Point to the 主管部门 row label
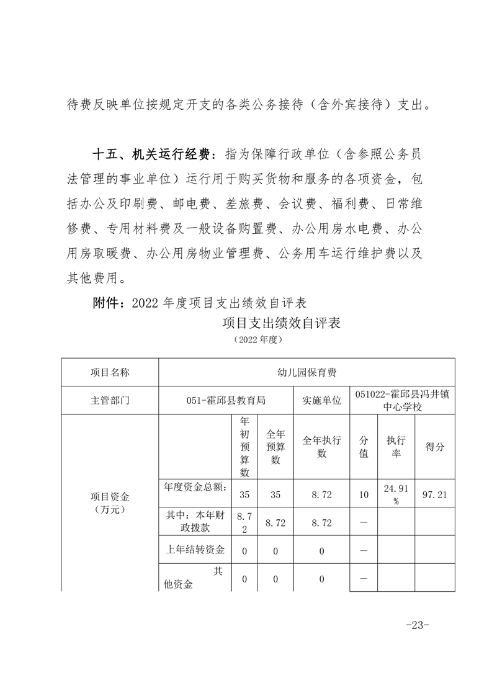[x=110, y=401]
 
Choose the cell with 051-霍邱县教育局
[x=226, y=401]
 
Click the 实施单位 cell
[x=321, y=401]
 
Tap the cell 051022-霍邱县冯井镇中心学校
[x=402, y=401]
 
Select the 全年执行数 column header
[x=321, y=447]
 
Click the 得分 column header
[x=434, y=447]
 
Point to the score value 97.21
[x=434, y=494]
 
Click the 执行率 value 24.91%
[x=395, y=494]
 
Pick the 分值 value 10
[x=364, y=494]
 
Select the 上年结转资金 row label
[x=195, y=550]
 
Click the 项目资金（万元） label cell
[x=110, y=502]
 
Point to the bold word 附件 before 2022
[x=105, y=303]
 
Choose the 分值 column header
[x=364, y=447]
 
